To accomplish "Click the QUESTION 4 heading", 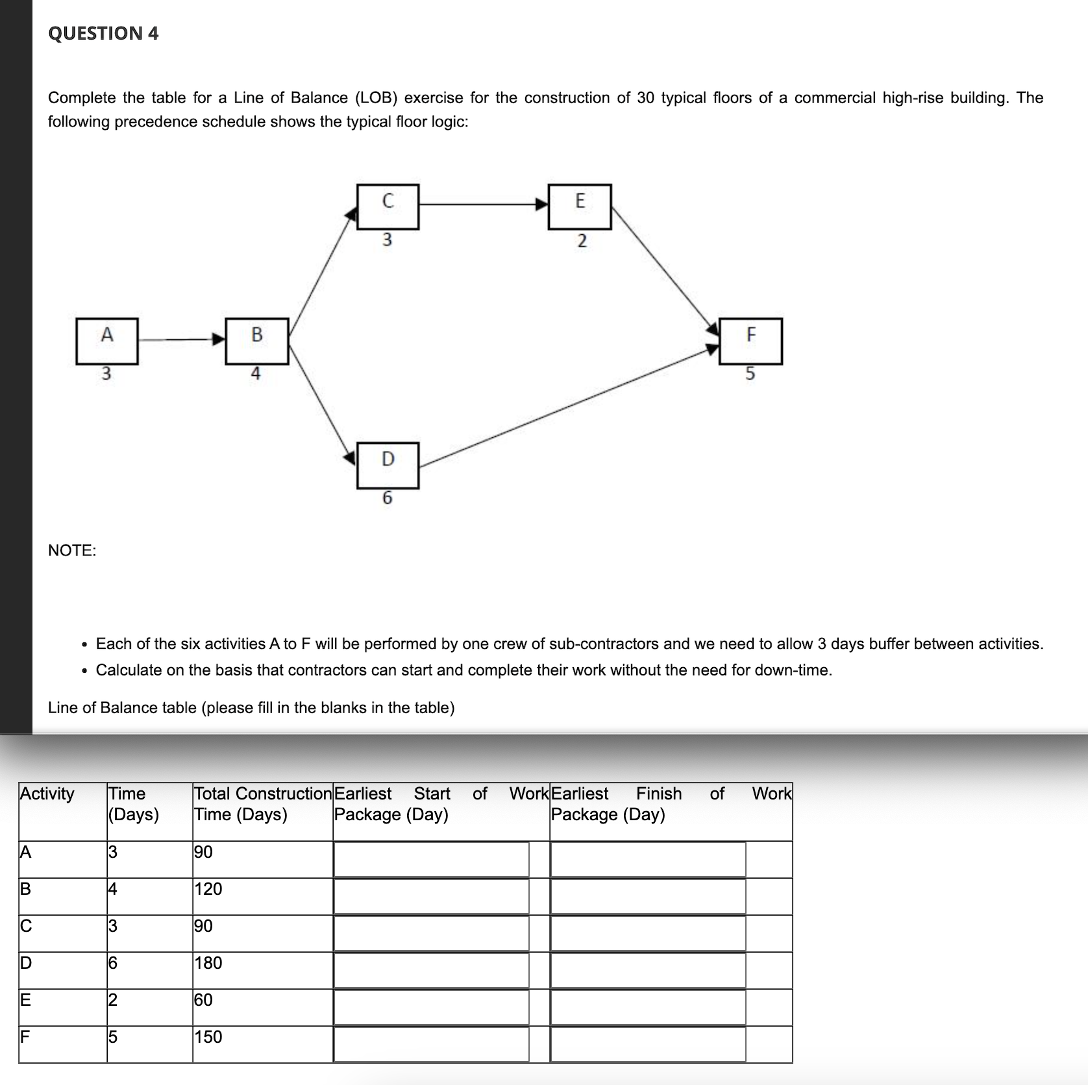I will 103,33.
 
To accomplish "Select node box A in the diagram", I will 107,341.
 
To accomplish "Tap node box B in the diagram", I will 257,341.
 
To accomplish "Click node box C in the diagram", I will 388,206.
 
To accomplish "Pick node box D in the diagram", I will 388,465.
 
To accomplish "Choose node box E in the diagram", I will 580,206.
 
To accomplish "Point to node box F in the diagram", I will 751,341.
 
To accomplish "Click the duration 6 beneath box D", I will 388,498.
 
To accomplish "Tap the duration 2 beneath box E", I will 582,241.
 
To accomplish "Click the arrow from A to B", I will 182,339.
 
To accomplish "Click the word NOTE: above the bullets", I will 72,550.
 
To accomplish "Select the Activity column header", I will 47,794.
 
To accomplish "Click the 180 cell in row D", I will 208,963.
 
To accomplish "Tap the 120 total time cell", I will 208,889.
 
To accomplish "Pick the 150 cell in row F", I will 208,1037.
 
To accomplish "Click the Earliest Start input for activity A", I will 431,860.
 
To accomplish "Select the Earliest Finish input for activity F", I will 648,1044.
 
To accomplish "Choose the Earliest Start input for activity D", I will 431,971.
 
